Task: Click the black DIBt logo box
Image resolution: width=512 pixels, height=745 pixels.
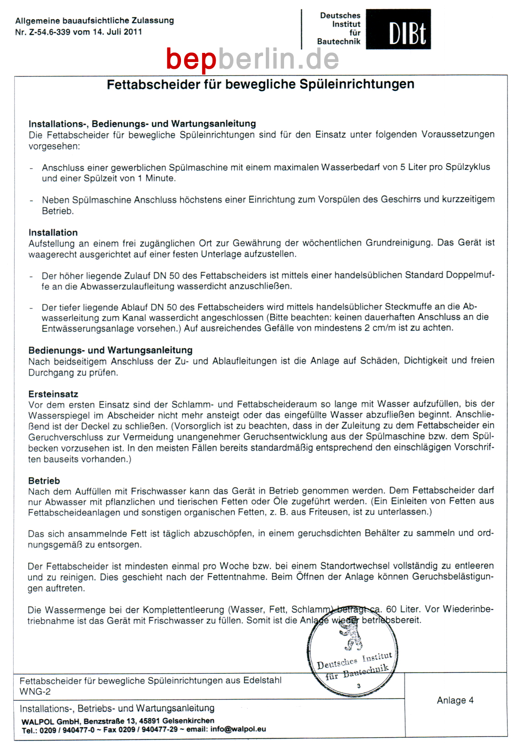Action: click(x=398, y=29)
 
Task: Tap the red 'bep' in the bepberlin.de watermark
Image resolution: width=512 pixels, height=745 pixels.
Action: click(x=191, y=59)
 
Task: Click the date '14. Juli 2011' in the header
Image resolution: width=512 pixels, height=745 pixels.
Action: click(x=117, y=32)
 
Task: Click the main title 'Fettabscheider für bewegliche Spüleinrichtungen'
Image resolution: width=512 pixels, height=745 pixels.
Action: click(x=260, y=85)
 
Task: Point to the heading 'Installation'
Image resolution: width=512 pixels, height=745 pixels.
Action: click(x=53, y=233)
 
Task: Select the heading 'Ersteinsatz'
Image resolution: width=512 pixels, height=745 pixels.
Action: click(x=53, y=394)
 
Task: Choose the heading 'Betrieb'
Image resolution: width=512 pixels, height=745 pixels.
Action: click(x=44, y=481)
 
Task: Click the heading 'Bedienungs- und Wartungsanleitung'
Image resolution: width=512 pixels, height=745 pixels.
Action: click(x=110, y=350)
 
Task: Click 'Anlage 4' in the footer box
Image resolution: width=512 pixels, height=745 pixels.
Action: click(x=455, y=700)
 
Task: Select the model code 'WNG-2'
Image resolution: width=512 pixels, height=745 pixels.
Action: click(x=35, y=692)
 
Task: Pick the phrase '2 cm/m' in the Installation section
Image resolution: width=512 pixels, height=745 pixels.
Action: click(x=380, y=328)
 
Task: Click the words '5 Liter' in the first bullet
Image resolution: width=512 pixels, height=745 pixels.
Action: click(x=414, y=167)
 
